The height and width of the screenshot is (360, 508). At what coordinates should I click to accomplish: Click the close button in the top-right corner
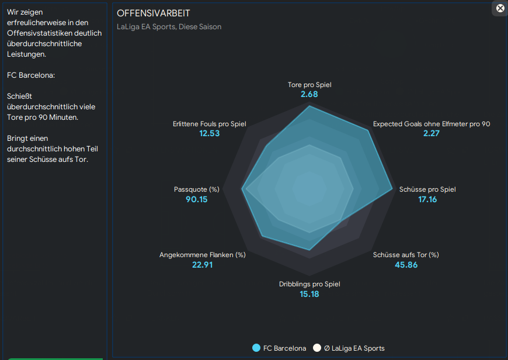[500, 8]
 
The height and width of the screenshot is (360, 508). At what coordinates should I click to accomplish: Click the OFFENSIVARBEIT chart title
[154, 13]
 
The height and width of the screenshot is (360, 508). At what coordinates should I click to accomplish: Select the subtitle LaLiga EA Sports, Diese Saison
[169, 27]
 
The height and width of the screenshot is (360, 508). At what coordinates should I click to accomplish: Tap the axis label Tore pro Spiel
[309, 85]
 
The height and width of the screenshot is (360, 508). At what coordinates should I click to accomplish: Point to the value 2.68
[309, 95]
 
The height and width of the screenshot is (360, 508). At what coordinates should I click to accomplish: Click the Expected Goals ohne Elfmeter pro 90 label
[432, 124]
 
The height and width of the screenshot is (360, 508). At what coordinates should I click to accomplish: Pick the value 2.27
[432, 134]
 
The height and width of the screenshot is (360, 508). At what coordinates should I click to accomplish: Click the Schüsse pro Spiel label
[427, 189]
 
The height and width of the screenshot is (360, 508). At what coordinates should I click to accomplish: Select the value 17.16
[427, 200]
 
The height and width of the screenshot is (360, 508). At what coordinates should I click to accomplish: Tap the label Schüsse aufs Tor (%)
[406, 255]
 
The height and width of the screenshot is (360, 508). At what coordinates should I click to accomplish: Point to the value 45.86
[406, 265]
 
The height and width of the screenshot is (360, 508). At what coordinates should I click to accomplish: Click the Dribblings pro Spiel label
[309, 284]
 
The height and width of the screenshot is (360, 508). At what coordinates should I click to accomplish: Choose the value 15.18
[309, 294]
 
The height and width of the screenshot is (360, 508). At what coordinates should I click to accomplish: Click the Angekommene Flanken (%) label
[203, 255]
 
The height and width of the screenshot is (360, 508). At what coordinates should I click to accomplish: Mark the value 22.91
[203, 265]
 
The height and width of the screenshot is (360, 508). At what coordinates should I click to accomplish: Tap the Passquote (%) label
[196, 189]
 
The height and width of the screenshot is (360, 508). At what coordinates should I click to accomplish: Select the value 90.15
[196, 200]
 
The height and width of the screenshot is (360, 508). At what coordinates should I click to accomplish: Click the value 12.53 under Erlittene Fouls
[210, 134]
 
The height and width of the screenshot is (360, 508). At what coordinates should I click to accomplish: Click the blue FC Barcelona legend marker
[256, 348]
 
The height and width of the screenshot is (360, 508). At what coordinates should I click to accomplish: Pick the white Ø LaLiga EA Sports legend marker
[317, 348]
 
